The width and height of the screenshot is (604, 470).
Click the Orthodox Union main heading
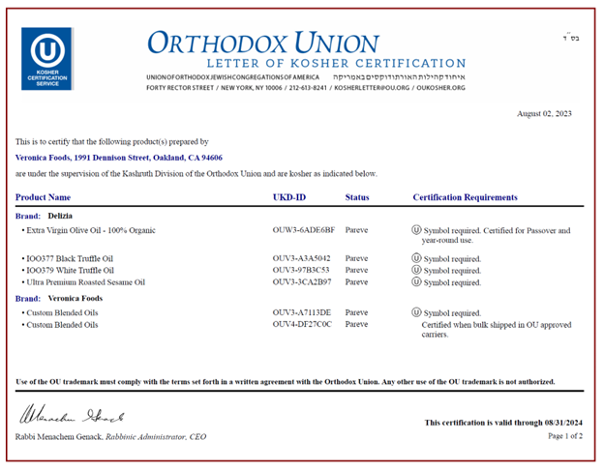coord(262,43)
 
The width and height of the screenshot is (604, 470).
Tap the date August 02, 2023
coord(544,114)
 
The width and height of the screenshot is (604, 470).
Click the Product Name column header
coord(50,197)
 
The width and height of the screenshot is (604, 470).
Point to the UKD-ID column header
coord(290,197)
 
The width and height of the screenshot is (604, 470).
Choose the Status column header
coord(357,197)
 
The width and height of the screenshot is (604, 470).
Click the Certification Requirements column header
coord(466,197)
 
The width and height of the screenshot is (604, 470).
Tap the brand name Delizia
coord(60,215)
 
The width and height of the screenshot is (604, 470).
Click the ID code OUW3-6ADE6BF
coord(304,231)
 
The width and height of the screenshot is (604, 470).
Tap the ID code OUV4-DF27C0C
coord(303,325)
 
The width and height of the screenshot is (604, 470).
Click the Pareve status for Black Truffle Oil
coord(357,259)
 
